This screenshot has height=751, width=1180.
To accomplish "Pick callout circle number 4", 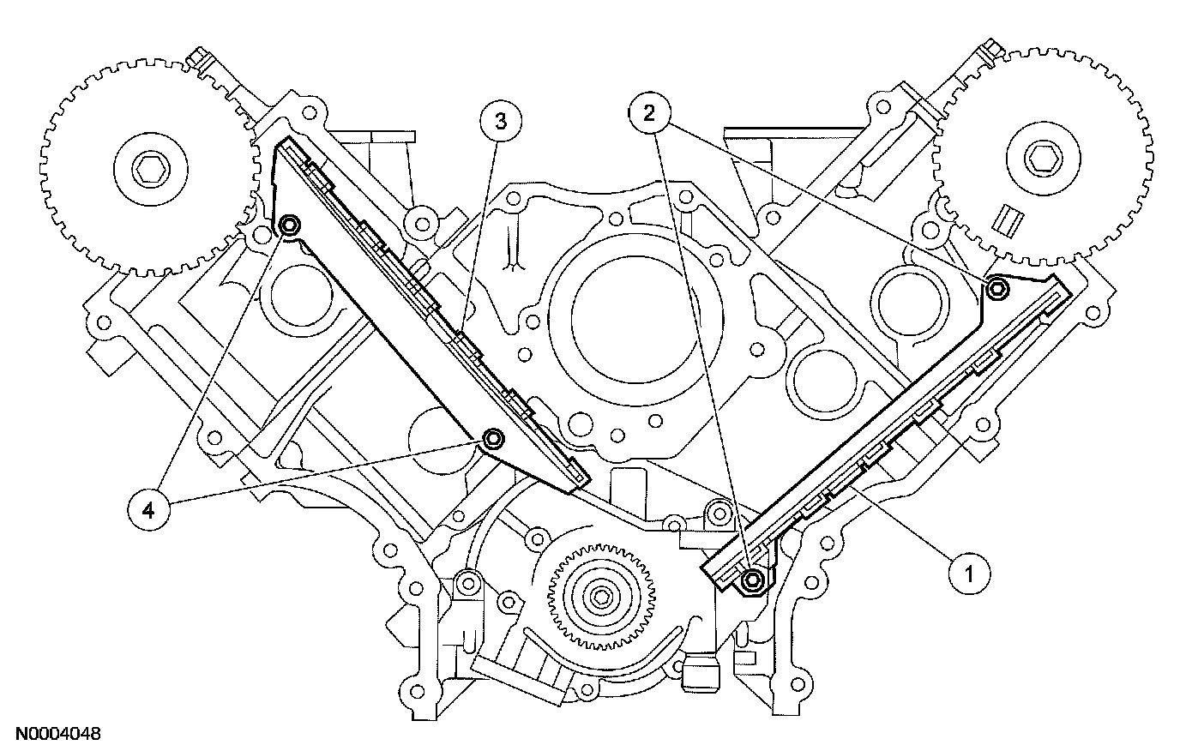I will pyautogui.click(x=148, y=511).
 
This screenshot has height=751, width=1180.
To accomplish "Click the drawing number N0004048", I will pyautogui.click(x=51, y=734).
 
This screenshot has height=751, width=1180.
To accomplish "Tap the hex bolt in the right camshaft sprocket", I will pyautogui.click(x=1040, y=159).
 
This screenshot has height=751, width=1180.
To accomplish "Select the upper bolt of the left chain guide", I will pyautogui.click(x=289, y=225).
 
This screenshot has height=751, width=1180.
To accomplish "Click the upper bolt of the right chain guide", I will pyautogui.click(x=996, y=288).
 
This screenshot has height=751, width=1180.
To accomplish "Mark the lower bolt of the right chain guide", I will pyautogui.click(x=752, y=580).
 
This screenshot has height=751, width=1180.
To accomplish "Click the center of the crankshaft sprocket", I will pyautogui.click(x=599, y=597).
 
